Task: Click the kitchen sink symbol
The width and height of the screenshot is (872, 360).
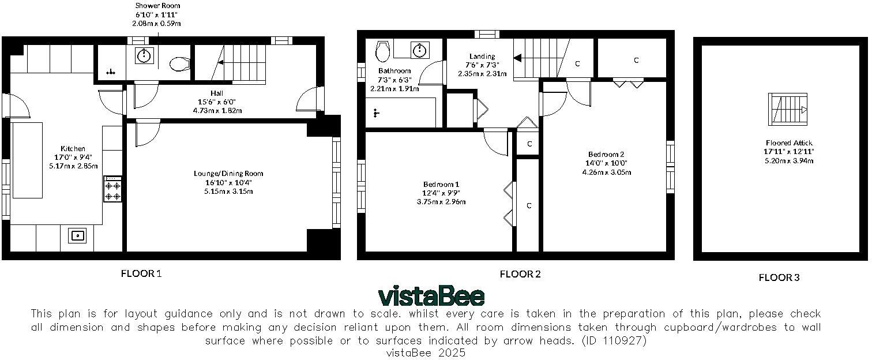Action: point(77,235)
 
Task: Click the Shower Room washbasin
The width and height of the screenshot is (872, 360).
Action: point(144,56)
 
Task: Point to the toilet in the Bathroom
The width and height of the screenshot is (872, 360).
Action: point(382,51)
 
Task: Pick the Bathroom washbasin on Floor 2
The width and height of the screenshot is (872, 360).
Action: point(419,50)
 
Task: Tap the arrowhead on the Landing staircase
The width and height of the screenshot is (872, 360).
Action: point(517,58)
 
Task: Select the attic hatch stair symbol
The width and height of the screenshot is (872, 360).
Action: point(788,109)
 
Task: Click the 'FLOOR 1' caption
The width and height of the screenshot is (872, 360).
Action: point(141,273)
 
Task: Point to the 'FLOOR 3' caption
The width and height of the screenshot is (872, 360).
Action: point(779,277)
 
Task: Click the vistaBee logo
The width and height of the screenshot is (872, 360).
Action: point(431,296)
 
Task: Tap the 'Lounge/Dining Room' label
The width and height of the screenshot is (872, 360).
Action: point(229,173)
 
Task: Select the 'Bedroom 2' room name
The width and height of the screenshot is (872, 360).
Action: point(606,154)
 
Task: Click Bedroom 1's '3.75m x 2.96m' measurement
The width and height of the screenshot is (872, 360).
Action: point(441,202)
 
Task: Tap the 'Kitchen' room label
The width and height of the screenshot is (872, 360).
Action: point(73,148)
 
